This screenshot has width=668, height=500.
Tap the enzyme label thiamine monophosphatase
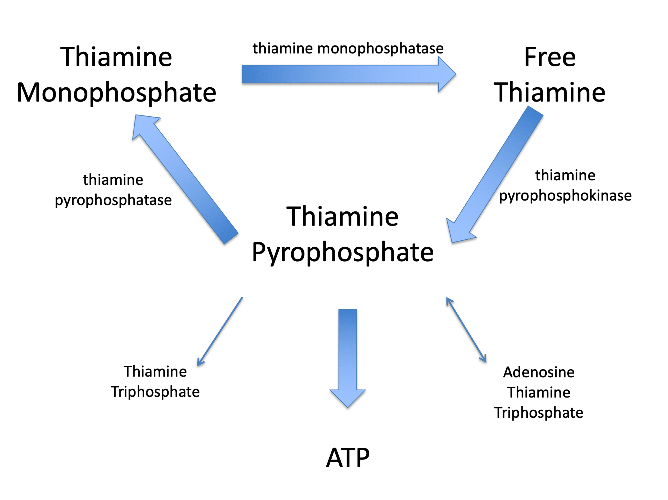pos(348,48)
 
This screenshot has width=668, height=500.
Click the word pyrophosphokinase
pos(565,196)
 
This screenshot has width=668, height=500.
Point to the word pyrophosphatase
pos(113,200)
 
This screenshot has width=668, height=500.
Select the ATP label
pos(348,458)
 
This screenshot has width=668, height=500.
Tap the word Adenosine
pos(538,372)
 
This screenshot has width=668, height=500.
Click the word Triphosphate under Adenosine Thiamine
pos(538,412)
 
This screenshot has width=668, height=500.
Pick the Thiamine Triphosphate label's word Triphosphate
pos(155,392)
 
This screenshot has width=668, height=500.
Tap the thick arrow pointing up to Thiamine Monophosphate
pos(184,178)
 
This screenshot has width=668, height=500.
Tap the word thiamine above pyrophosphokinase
pos(565,175)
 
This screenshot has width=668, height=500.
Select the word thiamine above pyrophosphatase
pos(113,180)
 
